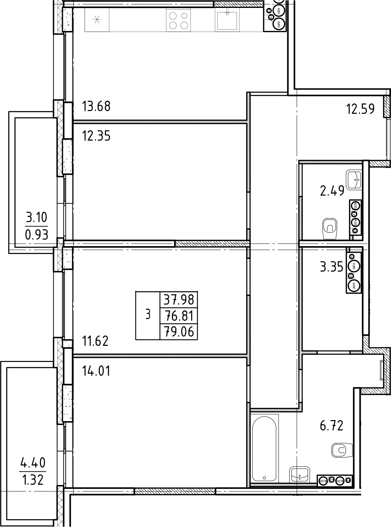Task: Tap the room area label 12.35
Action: coord(96,136)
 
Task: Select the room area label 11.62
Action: coord(95,341)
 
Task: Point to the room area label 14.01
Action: coord(96,371)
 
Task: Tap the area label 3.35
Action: coord(332,267)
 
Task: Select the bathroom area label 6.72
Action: coord(332,426)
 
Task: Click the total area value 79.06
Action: coord(179,332)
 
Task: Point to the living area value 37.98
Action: coord(179,300)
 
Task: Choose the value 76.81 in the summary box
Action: coord(179,316)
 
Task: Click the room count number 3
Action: coord(148,315)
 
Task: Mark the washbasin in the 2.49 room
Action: coord(354,179)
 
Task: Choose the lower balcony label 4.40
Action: coord(33,463)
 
